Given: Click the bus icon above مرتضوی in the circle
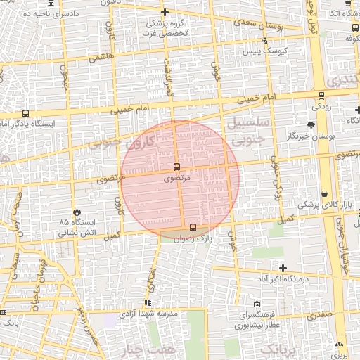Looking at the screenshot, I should point(176,167).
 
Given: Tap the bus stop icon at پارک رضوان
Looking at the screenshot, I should point(193,226).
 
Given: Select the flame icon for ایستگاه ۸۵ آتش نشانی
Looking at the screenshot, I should point(76,212).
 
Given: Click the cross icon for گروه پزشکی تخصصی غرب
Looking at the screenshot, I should point(165,13).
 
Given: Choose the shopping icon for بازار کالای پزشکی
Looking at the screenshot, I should point(324,193).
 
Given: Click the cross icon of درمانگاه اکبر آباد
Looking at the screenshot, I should point(283,268).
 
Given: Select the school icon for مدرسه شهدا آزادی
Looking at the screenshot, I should point(148,302).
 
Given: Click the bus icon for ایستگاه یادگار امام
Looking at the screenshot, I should point(26,113).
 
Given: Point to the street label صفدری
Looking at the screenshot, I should point(318,316).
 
